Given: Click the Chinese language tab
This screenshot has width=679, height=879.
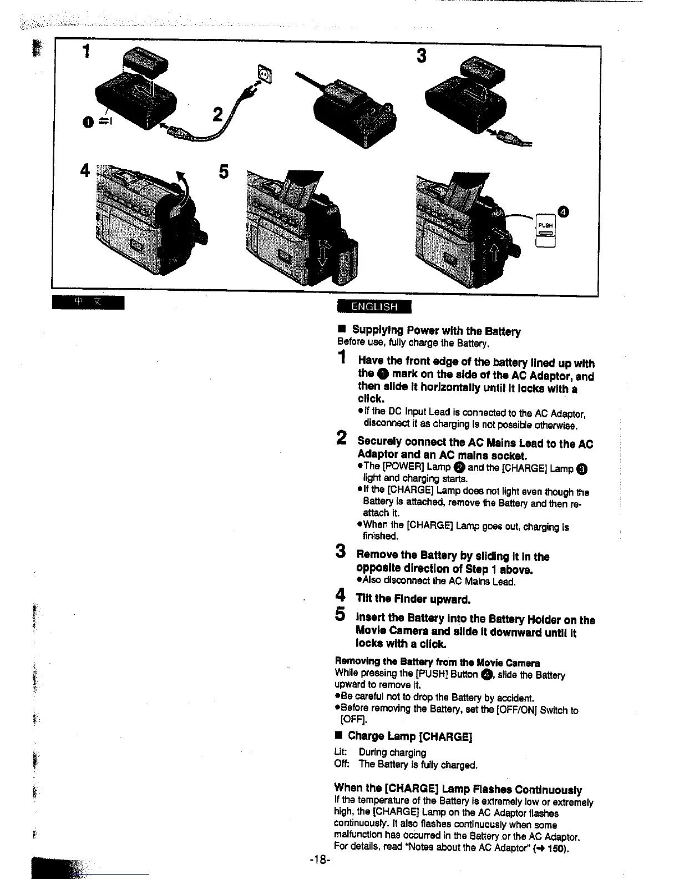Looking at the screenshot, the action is (x=88, y=303).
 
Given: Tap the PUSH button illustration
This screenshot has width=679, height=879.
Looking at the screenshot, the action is (x=545, y=228).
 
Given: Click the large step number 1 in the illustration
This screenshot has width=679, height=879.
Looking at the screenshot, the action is (x=85, y=52).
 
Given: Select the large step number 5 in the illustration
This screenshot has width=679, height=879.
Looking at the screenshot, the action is (x=223, y=171).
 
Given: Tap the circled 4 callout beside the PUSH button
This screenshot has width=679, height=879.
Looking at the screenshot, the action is (x=564, y=211).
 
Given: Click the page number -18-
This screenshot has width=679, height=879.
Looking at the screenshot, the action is (x=320, y=860).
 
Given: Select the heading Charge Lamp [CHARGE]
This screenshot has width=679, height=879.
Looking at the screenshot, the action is (x=409, y=736).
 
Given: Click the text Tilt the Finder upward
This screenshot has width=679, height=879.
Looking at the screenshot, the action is (x=413, y=599).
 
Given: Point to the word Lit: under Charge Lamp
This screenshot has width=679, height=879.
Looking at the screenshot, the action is (x=341, y=752).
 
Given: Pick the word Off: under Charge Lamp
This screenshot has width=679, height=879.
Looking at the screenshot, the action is (x=341, y=765).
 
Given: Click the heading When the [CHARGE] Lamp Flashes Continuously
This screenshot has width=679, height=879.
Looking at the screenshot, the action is (x=458, y=789).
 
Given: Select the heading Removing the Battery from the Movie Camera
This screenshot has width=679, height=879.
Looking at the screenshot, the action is (x=437, y=663).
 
